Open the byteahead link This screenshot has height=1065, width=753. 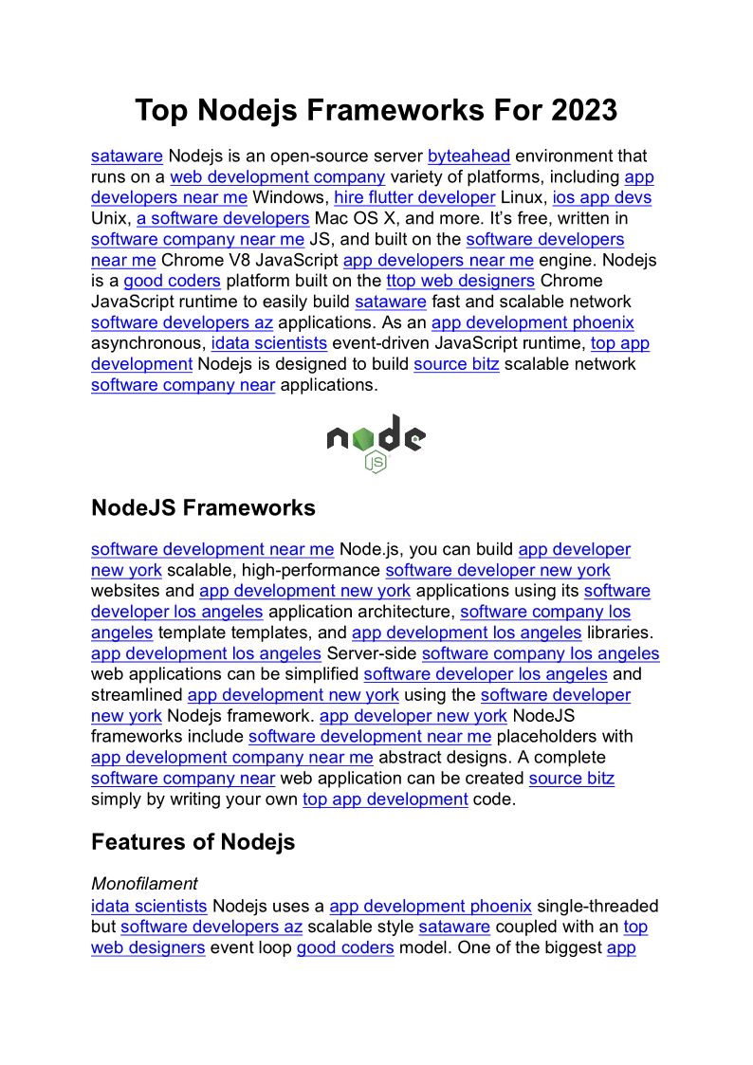[468, 156]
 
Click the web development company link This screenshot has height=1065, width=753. [277, 177]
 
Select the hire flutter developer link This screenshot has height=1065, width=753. [414, 198]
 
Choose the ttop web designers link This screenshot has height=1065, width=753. [460, 282]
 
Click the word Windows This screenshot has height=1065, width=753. [289, 198]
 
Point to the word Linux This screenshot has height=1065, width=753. [523, 198]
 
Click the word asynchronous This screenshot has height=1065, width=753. [148, 344]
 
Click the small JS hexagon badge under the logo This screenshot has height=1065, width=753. [376, 462]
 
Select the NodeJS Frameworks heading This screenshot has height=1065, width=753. [203, 508]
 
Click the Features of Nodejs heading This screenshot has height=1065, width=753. [193, 842]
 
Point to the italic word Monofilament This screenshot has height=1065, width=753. [144, 885]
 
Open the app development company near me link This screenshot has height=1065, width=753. [231, 758]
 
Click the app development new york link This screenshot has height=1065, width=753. [304, 591]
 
